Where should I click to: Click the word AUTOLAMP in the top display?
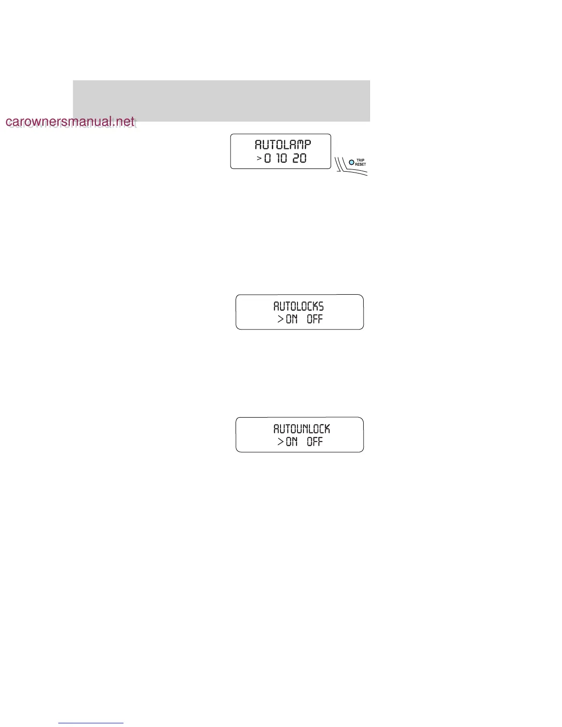pos(283,145)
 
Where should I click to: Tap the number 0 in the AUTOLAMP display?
pos(268,158)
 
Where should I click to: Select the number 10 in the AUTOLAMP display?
pos(282,158)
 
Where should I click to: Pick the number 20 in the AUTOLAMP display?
pos(299,158)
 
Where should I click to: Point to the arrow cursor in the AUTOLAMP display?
pos(259,158)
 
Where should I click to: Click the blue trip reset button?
pos(352,162)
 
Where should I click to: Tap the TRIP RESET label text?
pos(360,162)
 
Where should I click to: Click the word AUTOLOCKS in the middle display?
pos(298,306)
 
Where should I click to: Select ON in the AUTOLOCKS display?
pos(292,319)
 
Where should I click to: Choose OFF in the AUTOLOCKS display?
pos(315,319)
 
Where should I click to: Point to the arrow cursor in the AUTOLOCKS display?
pos(281,319)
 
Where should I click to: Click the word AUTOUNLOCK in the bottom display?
pos(302,429)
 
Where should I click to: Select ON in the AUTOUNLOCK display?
pos(292,442)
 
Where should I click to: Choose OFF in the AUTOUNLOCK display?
pos(315,442)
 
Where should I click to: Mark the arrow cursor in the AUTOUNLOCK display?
pos(281,442)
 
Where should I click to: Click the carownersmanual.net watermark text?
pos(70,122)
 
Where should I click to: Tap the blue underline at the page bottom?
pos(91,723)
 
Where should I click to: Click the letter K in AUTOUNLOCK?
pos(326,429)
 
